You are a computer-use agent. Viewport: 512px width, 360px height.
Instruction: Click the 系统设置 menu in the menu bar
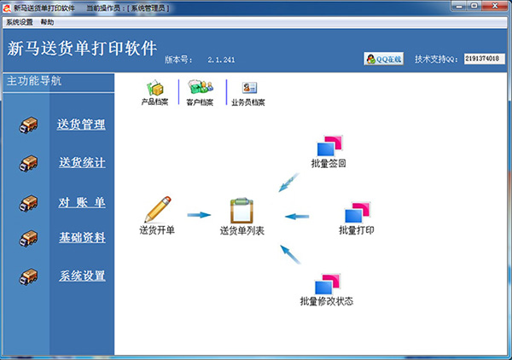click(x=19, y=21)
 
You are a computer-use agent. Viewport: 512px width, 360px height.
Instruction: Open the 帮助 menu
click(x=47, y=21)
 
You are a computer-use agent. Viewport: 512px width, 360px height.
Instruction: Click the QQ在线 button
click(x=383, y=59)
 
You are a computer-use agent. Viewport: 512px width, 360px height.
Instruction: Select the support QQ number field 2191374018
click(x=486, y=59)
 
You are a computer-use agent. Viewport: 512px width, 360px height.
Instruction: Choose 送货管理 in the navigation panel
click(x=81, y=125)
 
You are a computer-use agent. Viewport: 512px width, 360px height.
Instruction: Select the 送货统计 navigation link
click(x=82, y=162)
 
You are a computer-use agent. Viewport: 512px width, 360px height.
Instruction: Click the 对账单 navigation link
click(x=82, y=202)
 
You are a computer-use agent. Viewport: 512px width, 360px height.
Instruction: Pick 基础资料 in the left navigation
click(x=82, y=237)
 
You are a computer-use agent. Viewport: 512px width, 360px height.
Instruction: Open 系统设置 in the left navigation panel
click(x=82, y=276)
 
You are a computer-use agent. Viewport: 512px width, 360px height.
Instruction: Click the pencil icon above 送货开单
click(x=157, y=209)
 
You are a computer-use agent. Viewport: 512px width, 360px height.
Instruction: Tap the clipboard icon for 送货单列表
click(x=241, y=210)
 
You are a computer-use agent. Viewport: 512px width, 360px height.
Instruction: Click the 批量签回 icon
click(x=329, y=145)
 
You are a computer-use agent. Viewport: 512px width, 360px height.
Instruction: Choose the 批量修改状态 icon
click(x=327, y=284)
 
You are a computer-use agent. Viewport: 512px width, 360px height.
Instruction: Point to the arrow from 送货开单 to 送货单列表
click(x=199, y=215)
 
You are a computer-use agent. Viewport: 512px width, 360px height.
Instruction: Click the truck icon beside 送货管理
click(x=29, y=125)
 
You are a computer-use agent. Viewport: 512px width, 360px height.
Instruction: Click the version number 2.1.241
click(x=221, y=61)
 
